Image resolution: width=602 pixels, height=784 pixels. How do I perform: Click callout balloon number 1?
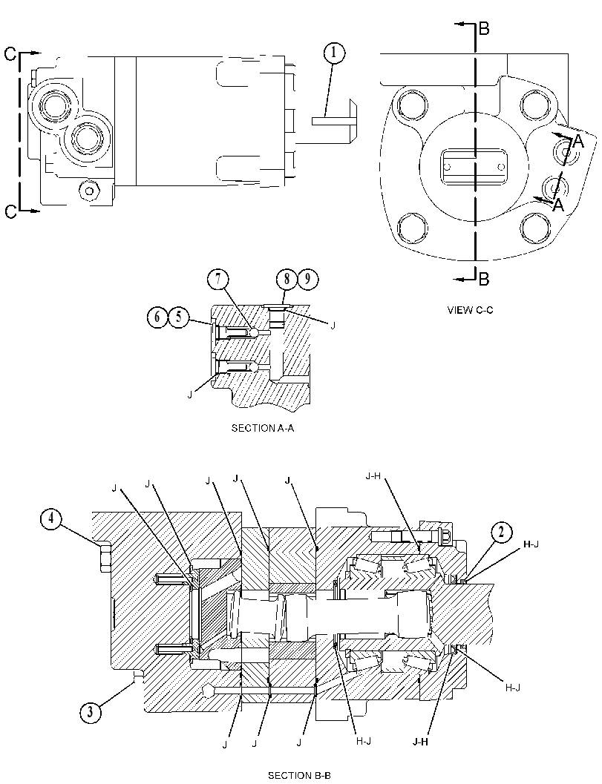[x=335, y=53]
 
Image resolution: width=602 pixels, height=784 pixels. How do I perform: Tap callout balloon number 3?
[x=90, y=712]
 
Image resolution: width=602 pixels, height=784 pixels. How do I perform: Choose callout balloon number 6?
[x=157, y=317]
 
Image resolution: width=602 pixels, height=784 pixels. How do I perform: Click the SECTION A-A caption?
[x=262, y=428]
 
